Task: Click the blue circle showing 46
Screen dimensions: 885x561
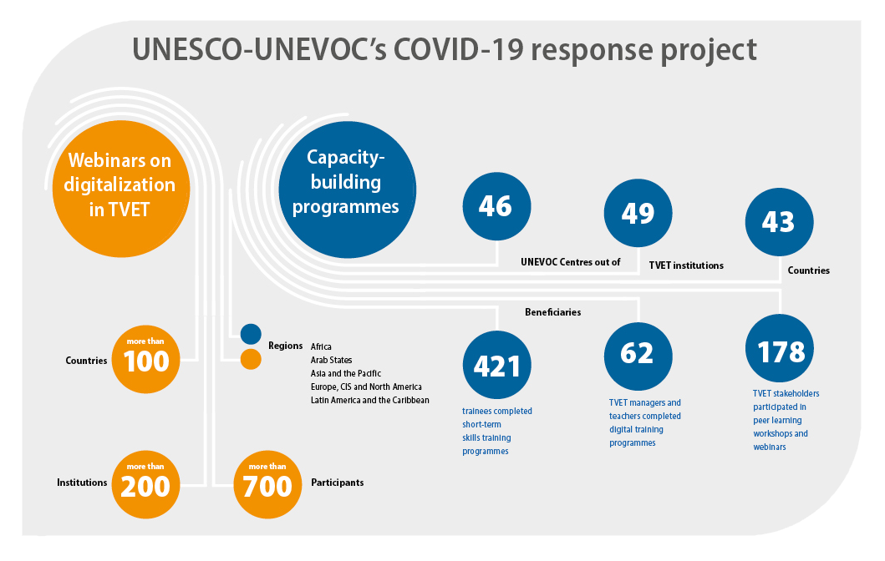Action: point(496,206)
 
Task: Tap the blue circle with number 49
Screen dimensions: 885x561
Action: point(638,213)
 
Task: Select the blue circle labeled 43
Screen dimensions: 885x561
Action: point(780,222)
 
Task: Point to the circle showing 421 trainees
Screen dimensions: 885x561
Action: point(496,366)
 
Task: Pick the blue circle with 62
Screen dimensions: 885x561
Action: point(638,356)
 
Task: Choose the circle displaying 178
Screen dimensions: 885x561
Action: point(780,348)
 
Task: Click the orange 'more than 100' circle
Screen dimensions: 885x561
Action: point(145,359)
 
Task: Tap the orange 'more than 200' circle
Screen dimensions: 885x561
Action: point(145,484)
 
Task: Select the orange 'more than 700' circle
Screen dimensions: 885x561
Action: point(267,484)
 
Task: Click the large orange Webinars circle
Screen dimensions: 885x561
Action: point(121,189)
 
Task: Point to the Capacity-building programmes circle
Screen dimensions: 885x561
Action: point(348,190)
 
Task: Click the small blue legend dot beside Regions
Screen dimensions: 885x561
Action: point(251,334)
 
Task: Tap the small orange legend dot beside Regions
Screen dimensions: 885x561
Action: point(251,359)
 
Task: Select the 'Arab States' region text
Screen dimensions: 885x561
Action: point(331,360)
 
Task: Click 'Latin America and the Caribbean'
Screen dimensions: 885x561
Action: point(369,401)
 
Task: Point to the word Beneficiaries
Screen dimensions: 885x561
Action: point(552,311)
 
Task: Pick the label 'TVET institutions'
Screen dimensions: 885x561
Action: point(686,265)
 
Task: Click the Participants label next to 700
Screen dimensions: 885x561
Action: point(337,483)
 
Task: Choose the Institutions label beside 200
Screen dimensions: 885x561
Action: point(82,483)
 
